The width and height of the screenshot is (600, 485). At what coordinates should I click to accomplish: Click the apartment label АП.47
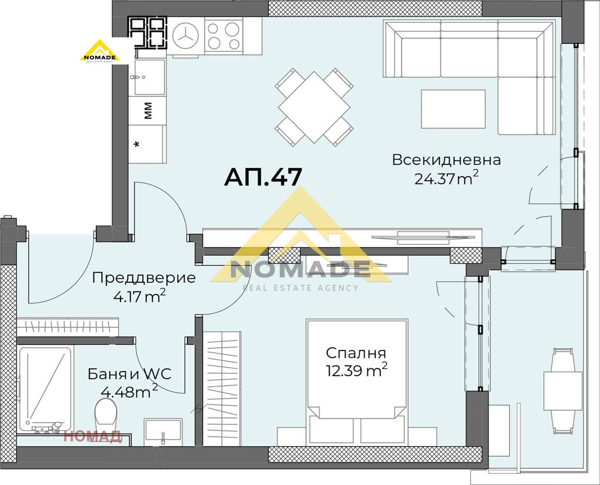(263, 177)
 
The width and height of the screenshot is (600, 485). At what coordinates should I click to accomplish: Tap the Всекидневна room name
(446, 160)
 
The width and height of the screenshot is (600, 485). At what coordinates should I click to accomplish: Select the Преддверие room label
(144, 278)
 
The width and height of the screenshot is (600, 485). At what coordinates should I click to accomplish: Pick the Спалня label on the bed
(356, 353)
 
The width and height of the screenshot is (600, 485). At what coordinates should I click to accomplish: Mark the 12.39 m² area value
(356, 371)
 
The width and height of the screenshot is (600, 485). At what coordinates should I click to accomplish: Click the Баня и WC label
(130, 374)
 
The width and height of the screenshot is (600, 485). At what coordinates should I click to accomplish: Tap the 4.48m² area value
(129, 391)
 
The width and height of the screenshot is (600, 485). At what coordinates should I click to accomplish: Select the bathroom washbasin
(163, 431)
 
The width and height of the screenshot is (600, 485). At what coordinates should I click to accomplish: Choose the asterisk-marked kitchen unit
(147, 144)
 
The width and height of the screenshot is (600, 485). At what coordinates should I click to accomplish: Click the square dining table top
(314, 107)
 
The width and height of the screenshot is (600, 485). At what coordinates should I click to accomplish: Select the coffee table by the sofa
(453, 109)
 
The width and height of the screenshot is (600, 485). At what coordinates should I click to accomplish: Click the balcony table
(562, 391)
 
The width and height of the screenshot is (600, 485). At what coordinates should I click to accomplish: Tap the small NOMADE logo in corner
(100, 52)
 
